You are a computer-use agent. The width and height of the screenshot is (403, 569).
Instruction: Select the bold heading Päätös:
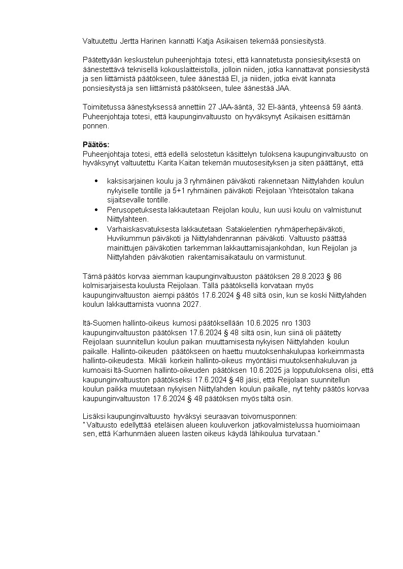click(96, 145)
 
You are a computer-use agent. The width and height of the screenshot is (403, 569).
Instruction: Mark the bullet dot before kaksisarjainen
click(97, 181)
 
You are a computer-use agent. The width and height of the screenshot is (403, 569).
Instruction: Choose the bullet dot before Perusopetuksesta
click(97, 209)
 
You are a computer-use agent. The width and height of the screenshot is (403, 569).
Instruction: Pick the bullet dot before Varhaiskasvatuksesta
click(97, 229)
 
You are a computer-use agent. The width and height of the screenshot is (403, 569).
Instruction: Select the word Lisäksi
click(94, 415)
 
